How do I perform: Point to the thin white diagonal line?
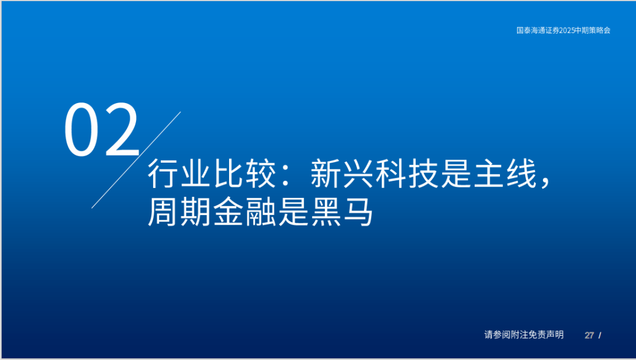click(x=135, y=160)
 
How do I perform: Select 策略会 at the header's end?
click(x=600, y=30)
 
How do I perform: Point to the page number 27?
click(x=589, y=335)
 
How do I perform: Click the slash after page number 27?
click(x=599, y=335)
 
